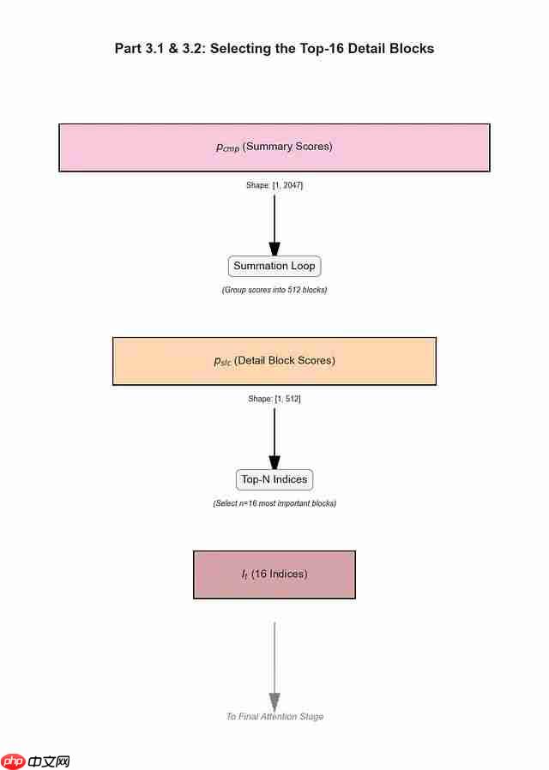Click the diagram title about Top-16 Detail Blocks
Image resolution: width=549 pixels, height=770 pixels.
[274, 49]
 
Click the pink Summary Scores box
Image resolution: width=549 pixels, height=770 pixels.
[274, 147]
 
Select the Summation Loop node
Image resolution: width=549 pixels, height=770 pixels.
[274, 267]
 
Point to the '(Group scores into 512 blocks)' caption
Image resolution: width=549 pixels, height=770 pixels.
[274, 290]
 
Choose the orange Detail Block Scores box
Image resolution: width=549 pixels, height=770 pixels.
[274, 361]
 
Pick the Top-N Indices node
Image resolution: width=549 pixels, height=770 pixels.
[274, 479]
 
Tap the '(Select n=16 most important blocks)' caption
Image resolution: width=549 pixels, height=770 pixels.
[274, 503]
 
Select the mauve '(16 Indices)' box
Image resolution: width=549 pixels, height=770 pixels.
[274, 574]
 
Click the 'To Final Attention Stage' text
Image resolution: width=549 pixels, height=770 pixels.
[274, 717]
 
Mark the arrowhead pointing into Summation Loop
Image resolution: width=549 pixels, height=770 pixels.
[274, 249]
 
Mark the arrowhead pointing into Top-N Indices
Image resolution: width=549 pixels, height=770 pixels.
[274, 462]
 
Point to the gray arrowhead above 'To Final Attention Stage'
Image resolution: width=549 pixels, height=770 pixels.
[274, 701]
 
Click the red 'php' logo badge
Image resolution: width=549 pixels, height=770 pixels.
[13, 761]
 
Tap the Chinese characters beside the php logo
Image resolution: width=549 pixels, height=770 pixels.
[49, 761]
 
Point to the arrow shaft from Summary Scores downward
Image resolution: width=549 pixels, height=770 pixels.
[274, 218]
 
